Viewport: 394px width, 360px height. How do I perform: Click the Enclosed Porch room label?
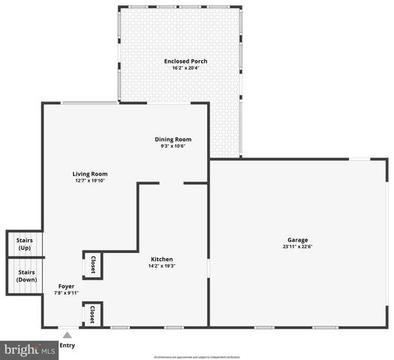(186, 61)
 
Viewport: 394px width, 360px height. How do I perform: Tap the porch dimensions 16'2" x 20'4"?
(186, 68)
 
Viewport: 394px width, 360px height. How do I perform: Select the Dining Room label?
(173, 139)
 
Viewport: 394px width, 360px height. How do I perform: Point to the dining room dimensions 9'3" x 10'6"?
(173, 146)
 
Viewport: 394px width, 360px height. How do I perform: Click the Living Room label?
(89, 173)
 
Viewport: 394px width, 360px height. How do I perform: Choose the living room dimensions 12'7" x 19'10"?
(89, 181)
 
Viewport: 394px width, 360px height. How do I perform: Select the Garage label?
(298, 240)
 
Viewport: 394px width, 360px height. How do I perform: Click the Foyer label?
(66, 286)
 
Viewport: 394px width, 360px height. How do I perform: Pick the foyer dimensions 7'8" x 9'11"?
(66, 293)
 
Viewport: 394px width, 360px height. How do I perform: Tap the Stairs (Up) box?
(25, 244)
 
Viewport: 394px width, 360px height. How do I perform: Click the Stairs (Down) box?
(25, 276)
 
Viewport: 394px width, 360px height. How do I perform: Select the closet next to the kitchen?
(92, 265)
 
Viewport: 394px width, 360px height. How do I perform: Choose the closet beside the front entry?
(92, 314)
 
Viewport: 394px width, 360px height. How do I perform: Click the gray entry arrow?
(67, 335)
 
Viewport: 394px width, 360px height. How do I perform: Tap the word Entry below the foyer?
(67, 345)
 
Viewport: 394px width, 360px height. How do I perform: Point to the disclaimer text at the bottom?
(197, 357)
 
